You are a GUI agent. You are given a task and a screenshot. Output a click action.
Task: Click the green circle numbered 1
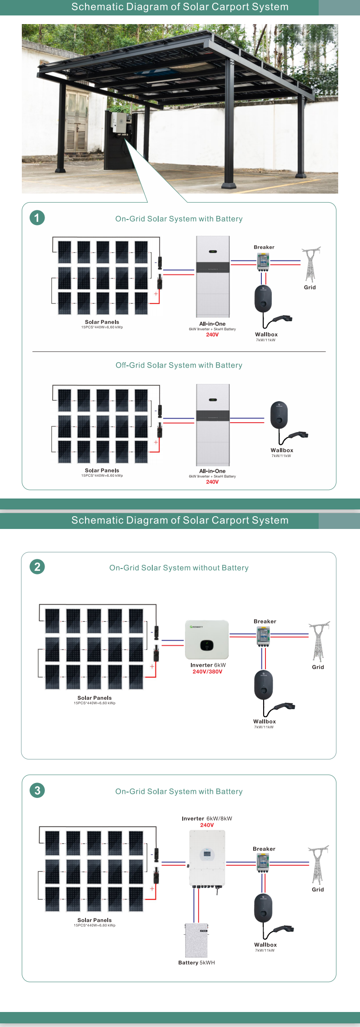coord(37,218)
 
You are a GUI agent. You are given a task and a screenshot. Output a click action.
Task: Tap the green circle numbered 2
coord(37,567)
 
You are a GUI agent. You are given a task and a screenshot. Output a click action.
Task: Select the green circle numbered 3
coord(37,790)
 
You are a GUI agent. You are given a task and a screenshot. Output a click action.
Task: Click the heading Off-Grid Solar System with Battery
coord(179,365)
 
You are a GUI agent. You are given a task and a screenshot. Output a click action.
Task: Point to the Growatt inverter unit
coord(207,640)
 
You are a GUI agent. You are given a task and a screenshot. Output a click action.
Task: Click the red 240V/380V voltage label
coord(207,672)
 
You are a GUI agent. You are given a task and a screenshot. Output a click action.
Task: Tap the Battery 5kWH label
coord(196,962)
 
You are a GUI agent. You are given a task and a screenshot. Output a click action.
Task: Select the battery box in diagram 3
coord(196,940)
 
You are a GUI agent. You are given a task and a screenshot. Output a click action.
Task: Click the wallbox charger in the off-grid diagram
coord(279,415)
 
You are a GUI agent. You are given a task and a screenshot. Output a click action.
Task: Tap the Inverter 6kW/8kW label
coord(207,818)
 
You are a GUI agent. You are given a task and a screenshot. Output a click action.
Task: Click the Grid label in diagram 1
coord(310,287)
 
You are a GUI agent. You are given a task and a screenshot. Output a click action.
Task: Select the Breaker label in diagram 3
coord(264,849)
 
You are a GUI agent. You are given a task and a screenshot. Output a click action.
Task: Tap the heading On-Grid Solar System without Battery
coord(179,568)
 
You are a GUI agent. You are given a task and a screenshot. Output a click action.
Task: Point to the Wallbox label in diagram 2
coord(265,722)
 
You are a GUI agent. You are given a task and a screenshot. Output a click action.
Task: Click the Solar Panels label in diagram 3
coord(95,920)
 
